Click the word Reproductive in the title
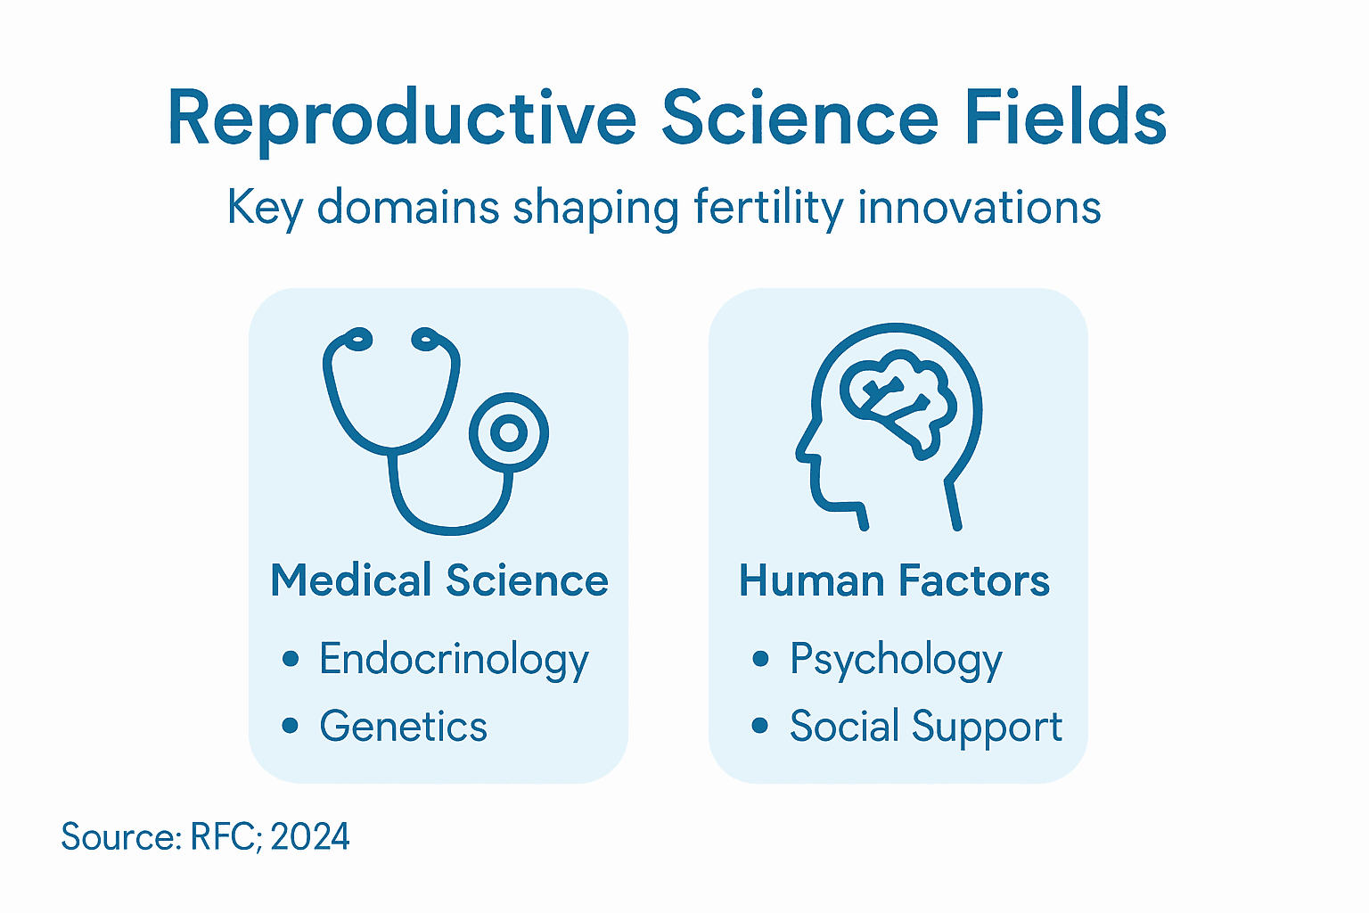(402, 119)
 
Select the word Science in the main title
(799, 118)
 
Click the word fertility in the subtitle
(767, 208)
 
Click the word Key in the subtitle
(265, 208)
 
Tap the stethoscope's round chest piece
(509, 433)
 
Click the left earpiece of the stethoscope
(357, 339)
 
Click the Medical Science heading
(439, 580)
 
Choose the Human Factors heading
(894, 580)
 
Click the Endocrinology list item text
(454, 660)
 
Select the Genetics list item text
(403, 726)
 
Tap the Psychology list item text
(896, 660)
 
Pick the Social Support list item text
(925, 726)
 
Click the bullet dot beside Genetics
(290, 726)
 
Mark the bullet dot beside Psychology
(760, 659)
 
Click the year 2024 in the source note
(310, 837)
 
